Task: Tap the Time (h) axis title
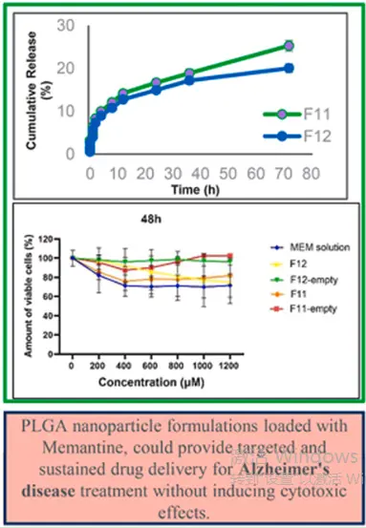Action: (196, 191)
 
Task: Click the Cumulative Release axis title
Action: (37, 88)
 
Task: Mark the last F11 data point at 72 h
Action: (289, 46)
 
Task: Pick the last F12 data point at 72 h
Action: (289, 68)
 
